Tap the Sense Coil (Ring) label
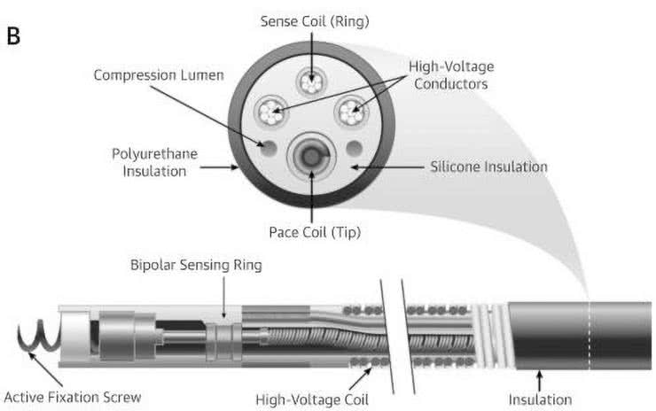pos(314,20)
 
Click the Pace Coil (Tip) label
pos(314,232)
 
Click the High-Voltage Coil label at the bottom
pos(306,399)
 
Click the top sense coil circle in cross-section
pos(314,81)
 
